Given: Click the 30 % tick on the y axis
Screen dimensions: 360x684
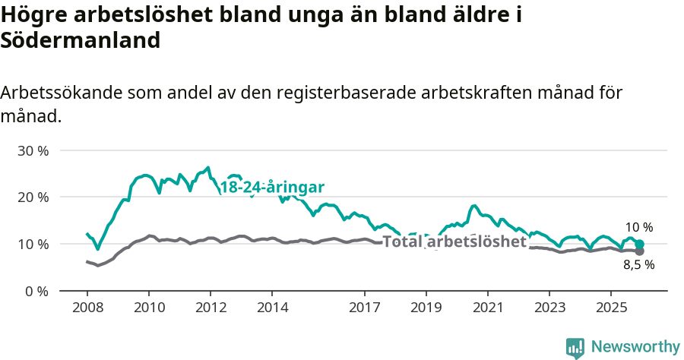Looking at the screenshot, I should (x=33, y=150).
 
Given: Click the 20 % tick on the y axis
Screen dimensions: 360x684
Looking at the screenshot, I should (x=33, y=197).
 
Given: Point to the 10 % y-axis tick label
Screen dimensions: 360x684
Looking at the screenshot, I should (x=33, y=244).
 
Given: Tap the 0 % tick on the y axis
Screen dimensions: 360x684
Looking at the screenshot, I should (x=36, y=291).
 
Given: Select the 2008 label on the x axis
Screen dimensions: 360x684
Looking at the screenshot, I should (x=87, y=308).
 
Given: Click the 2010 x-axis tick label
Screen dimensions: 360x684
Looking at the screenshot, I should (x=148, y=308).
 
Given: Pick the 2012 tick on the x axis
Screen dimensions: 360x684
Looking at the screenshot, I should (x=210, y=308).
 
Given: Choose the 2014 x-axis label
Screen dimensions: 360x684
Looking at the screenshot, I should (x=272, y=308).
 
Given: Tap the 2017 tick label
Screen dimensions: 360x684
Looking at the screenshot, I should (x=364, y=308).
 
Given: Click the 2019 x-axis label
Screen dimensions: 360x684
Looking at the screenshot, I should (x=426, y=308).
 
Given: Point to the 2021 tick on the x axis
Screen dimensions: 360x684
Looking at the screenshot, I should (x=488, y=308).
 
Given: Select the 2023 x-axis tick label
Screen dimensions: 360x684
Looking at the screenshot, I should (x=549, y=308).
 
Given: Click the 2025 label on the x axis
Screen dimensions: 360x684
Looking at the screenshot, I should (x=611, y=308).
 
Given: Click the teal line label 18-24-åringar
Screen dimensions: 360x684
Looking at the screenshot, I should (x=272, y=187).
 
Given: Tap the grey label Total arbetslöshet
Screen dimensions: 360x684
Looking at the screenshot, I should (x=454, y=242).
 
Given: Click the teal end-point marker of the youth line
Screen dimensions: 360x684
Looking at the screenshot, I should (x=639, y=244).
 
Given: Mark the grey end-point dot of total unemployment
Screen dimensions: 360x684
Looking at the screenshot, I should (x=639, y=251).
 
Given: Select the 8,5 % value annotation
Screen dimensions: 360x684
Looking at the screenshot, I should (x=638, y=265).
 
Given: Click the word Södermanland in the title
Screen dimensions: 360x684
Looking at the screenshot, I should (x=81, y=40).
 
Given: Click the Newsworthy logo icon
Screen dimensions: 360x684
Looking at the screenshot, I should (x=575, y=347).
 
